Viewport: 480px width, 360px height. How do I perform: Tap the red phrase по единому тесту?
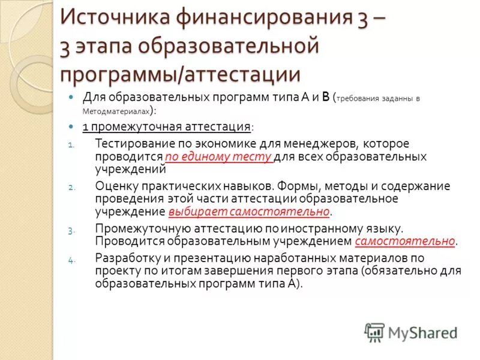[x=218, y=157]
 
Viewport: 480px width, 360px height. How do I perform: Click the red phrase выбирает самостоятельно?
[x=249, y=212]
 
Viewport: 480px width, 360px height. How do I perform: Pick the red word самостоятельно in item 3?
[x=405, y=241]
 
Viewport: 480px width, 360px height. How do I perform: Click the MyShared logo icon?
[x=374, y=332]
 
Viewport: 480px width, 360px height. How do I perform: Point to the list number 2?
[x=71, y=187]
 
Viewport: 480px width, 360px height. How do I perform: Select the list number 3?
[x=71, y=230]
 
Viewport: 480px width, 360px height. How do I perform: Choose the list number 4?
[x=71, y=260]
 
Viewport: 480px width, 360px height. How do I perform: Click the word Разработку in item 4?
[x=124, y=258]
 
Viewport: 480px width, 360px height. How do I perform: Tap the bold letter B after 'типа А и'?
[x=326, y=97]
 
